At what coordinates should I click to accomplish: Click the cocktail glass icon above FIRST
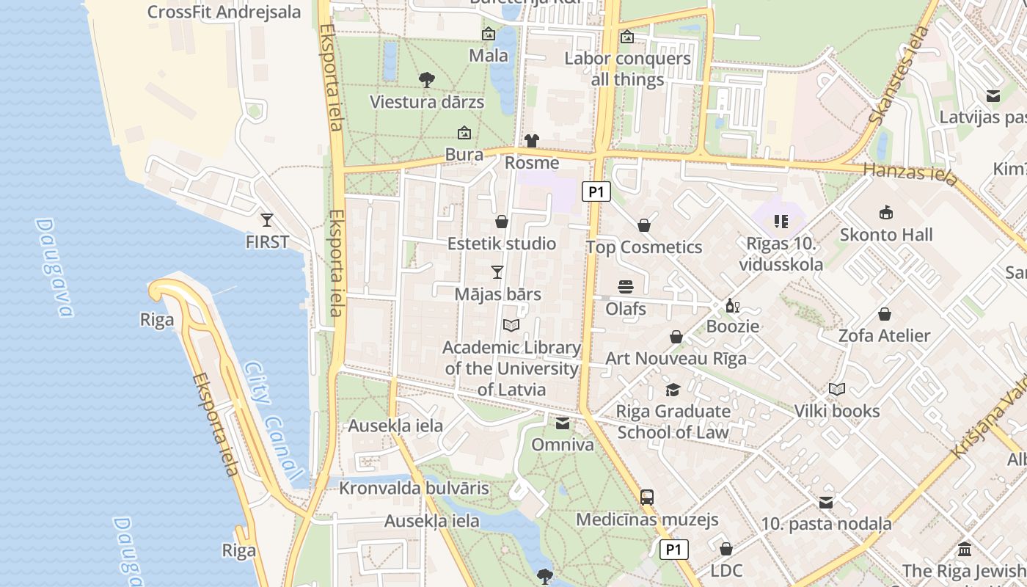click(266, 219)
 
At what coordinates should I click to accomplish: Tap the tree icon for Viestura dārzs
click(426, 79)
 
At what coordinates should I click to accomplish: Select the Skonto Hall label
click(886, 235)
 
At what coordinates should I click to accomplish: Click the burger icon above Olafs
click(626, 286)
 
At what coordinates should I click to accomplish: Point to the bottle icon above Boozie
click(731, 305)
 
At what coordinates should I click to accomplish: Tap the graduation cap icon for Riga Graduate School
click(673, 390)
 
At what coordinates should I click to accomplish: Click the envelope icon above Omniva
click(563, 423)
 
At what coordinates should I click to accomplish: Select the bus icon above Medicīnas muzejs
click(646, 497)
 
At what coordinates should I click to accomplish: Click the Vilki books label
click(837, 411)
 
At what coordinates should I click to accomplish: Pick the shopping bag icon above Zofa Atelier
click(885, 314)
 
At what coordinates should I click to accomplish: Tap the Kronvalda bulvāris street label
click(414, 488)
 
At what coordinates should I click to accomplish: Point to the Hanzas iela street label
click(910, 174)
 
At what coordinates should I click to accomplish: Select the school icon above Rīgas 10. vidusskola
click(781, 221)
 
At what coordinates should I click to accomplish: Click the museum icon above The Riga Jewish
click(965, 549)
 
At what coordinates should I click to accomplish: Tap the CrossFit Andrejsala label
click(224, 12)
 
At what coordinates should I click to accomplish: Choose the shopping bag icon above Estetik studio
click(502, 222)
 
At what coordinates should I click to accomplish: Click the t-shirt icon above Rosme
click(532, 141)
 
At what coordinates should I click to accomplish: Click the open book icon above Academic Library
click(511, 325)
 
